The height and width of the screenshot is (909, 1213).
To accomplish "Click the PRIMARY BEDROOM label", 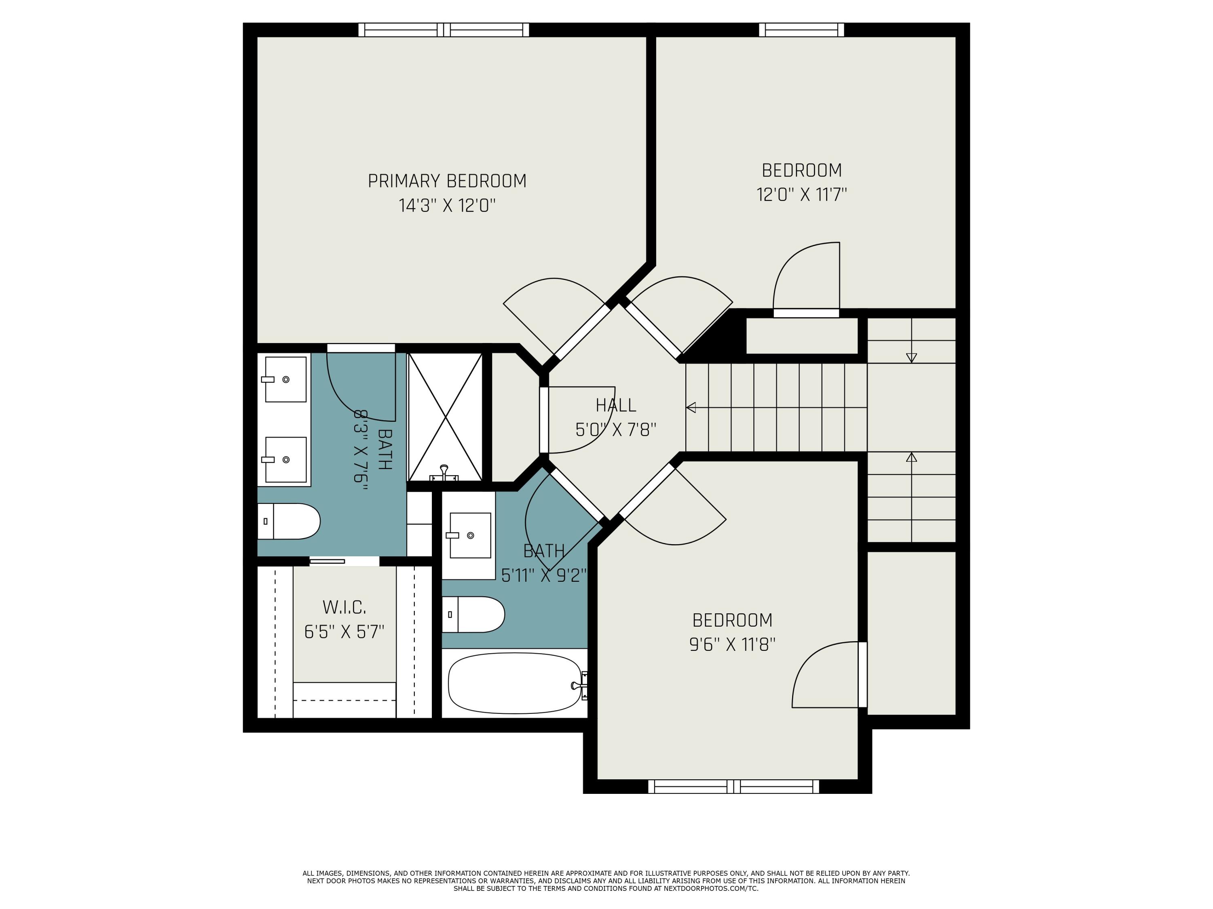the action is click(447, 181).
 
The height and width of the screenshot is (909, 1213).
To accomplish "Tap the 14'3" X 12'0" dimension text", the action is click(447, 206).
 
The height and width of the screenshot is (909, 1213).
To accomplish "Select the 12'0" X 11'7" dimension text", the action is click(802, 194).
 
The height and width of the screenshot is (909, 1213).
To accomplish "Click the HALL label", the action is click(616, 406).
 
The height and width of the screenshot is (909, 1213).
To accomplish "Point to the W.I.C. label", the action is click(344, 607).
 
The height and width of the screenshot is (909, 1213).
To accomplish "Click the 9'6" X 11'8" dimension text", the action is click(733, 644).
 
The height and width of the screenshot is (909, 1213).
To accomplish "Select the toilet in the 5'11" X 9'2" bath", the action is click(473, 614).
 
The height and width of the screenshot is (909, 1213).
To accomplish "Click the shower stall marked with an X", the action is click(445, 417).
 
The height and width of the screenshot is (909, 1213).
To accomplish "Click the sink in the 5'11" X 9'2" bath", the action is click(470, 535).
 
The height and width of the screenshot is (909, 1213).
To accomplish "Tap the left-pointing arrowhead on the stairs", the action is click(691, 408).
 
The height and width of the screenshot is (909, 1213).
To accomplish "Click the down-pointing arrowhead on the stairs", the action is click(911, 358).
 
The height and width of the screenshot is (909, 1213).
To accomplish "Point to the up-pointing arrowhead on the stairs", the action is click(911, 457).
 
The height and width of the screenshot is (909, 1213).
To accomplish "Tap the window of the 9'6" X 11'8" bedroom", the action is click(734, 786).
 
